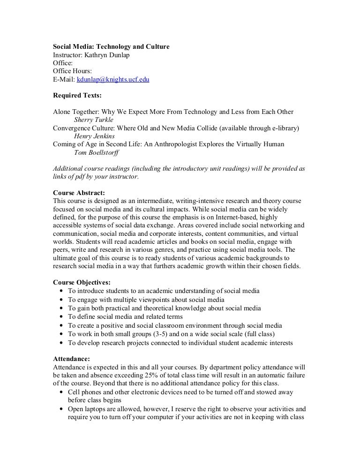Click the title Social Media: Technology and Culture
point(111,47)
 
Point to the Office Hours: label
point(72,71)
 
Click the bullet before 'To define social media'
point(62,317)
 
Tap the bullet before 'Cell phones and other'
point(62,392)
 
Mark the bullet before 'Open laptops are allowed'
point(62,409)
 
